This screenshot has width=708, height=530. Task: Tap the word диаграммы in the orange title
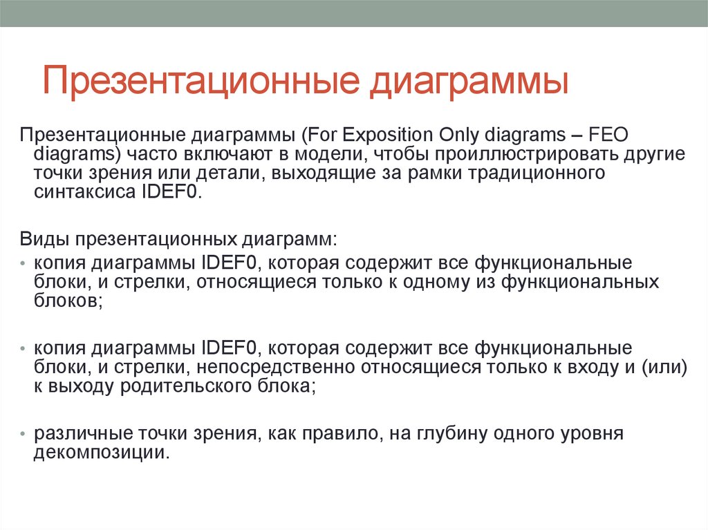click(469, 80)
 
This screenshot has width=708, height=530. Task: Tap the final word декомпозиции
click(101, 453)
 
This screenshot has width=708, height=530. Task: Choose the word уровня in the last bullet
click(591, 435)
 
